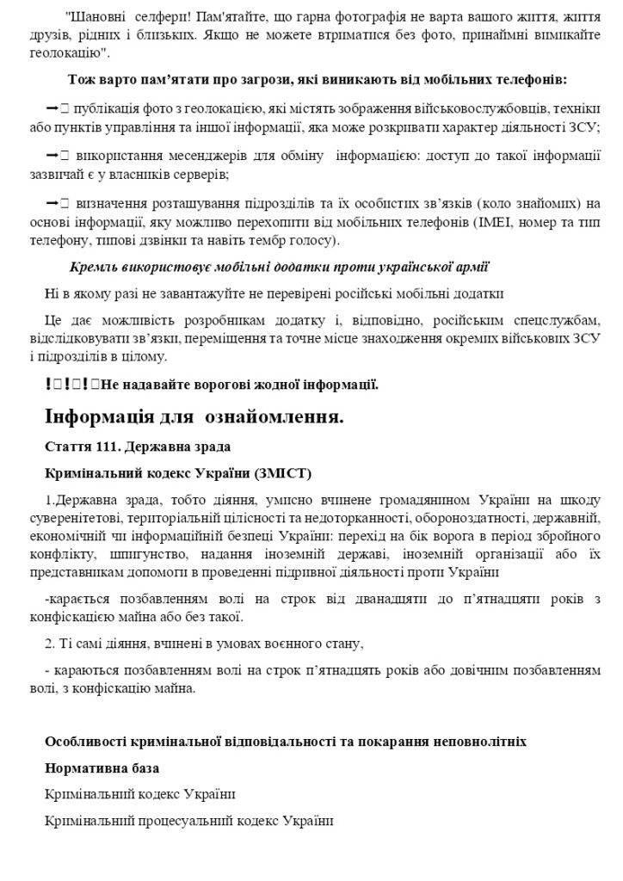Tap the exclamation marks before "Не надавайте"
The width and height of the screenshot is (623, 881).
tap(67, 384)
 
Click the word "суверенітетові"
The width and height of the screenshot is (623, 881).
tap(84, 519)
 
